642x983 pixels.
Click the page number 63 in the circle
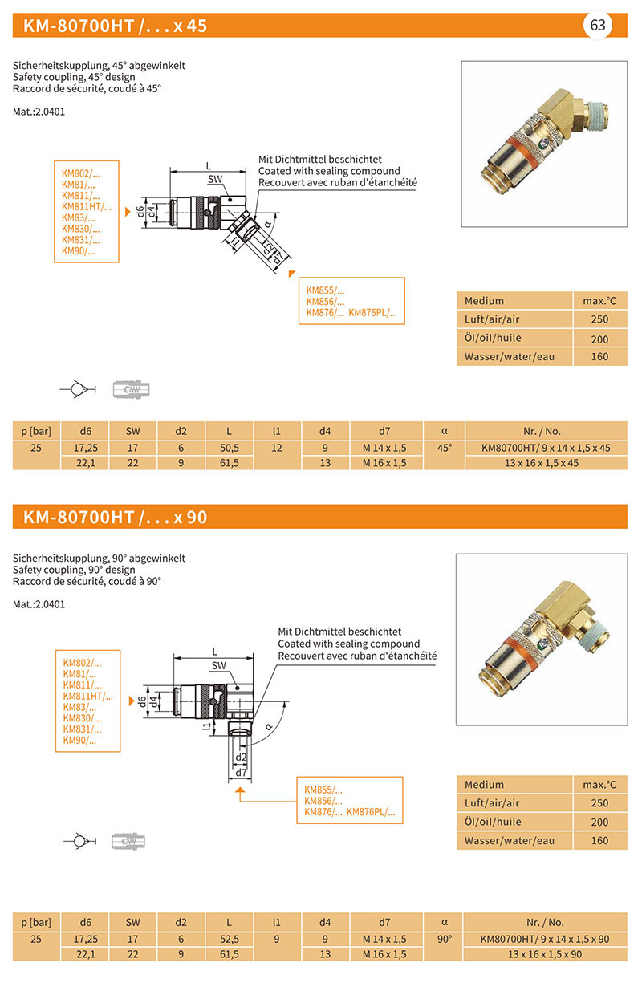[598, 25]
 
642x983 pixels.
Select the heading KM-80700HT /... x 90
[116, 518]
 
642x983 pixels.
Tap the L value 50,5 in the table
[229, 448]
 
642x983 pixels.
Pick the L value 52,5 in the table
[229, 939]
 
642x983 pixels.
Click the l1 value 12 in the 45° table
[277, 448]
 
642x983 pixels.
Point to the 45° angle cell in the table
[444, 448]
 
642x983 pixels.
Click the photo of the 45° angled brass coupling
[543, 144]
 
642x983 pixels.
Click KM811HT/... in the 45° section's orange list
[87, 207]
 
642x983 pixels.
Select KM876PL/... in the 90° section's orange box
[371, 813]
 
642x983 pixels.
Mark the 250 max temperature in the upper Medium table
[599, 319]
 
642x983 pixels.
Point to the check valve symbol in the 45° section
[78, 390]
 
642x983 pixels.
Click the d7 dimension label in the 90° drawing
[239, 772]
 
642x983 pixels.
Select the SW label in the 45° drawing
[215, 179]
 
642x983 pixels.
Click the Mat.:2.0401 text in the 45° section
[39, 112]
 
